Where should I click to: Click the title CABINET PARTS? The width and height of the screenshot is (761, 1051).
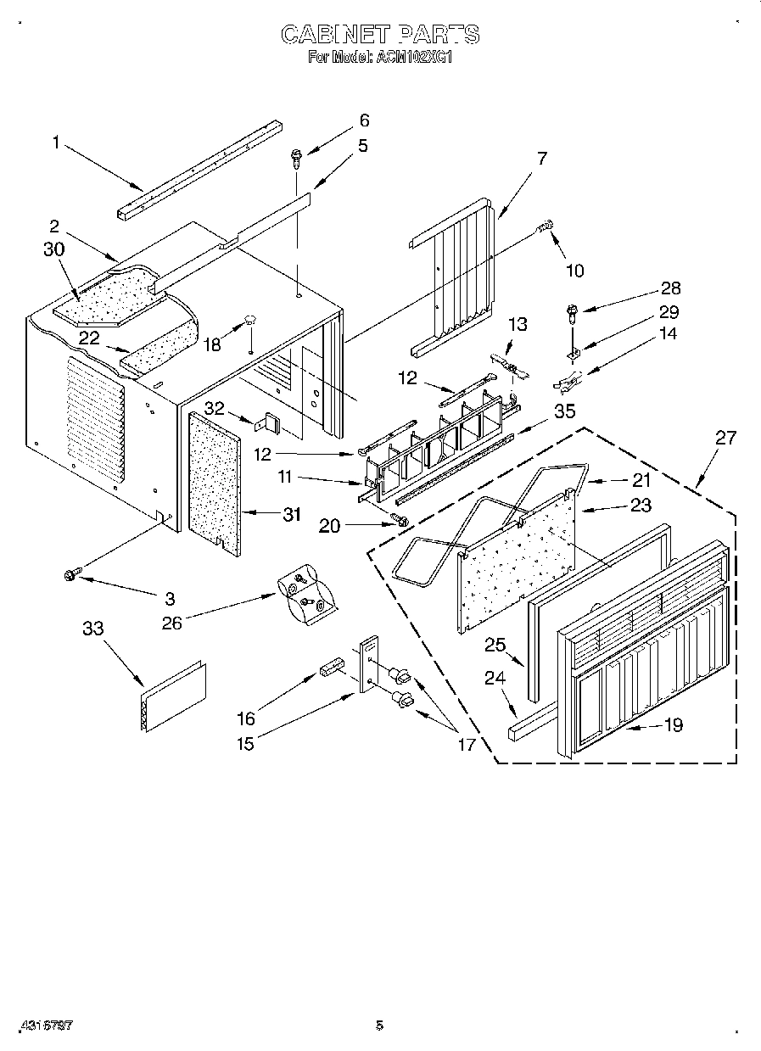(x=380, y=35)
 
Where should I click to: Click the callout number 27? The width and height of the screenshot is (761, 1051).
(x=725, y=438)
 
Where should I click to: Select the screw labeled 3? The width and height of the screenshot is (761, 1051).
(x=70, y=575)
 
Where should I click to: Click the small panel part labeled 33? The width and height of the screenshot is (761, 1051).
(x=173, y=695)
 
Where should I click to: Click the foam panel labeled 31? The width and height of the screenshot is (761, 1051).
(x=214, y=480)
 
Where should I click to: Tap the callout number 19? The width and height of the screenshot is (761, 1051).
(x=674, y=725)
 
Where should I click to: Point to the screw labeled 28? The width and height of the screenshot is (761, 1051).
(x=571, y=314)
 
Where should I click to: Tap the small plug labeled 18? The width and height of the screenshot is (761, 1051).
(x=250, y=320)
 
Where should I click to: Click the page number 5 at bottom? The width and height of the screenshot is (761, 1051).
(x=379, y=1026)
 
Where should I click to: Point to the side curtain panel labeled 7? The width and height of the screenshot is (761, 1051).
(x=458, y=271)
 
